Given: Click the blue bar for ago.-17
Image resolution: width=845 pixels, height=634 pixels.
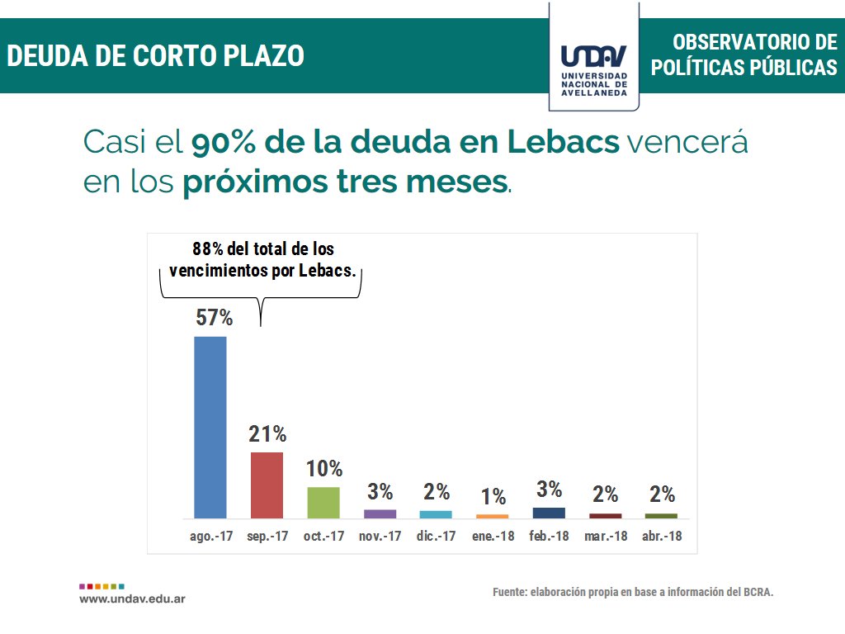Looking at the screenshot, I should (210, 427).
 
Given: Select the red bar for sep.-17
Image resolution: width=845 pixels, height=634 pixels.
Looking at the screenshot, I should (267, 485).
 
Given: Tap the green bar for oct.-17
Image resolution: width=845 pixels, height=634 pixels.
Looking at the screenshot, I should (323, 502).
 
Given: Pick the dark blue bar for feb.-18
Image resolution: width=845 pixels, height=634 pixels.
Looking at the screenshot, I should (549, 513).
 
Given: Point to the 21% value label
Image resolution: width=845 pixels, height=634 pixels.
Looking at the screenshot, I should (267, 434).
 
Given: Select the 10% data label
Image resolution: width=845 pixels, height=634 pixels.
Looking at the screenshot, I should (324, 469).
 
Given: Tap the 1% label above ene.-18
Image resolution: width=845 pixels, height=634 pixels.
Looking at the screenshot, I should (493, 496).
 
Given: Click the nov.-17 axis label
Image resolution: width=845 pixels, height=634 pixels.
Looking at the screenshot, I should (380, 536).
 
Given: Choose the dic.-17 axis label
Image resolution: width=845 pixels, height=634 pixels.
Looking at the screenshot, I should (437, 536).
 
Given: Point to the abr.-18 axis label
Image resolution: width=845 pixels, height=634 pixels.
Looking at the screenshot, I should (662, 536).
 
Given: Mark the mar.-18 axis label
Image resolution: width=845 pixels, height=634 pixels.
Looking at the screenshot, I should (606, 536).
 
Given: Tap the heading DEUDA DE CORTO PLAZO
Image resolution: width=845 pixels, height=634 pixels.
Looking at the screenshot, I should (155, 56).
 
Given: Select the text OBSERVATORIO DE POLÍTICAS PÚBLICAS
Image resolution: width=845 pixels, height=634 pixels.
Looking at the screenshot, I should (744, 55).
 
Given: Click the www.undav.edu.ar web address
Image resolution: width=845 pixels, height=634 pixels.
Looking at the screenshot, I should (132, 598).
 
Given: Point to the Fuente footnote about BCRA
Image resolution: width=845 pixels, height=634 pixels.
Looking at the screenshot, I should (633, 592).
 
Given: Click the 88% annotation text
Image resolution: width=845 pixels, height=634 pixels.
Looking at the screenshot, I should (263, 258).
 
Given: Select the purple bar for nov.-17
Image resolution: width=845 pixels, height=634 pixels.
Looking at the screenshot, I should (380, 513).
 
